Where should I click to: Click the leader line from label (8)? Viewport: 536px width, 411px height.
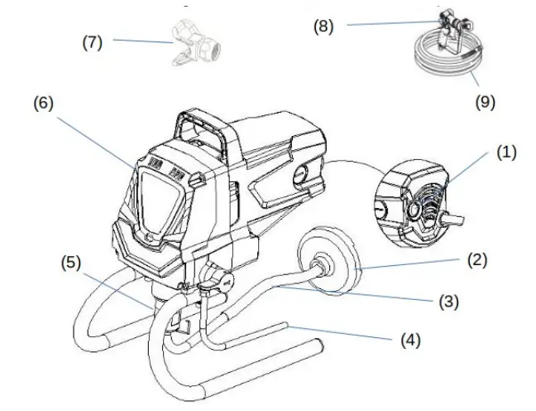389,24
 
